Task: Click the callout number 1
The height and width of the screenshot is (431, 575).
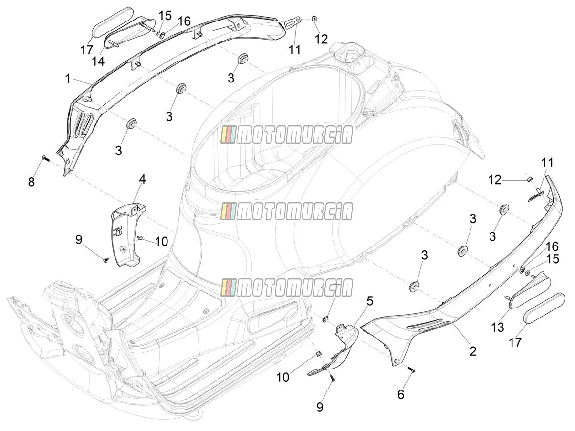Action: tap(68, 79)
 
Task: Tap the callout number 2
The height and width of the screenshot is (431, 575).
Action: tap(472, 351)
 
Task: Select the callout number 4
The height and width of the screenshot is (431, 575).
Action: tap(142, 179)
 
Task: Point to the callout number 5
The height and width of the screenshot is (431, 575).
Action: tap(370, 301)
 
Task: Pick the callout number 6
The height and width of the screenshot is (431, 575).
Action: tap(401, 394)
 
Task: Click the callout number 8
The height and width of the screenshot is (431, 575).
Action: tap(31, 182)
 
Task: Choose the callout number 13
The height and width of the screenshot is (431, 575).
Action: tap(498, 327)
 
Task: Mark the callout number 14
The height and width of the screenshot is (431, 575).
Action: tap(98, 62)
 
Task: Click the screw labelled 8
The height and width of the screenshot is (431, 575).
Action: tap(46, 158)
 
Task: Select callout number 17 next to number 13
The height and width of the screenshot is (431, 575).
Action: tap(515, 342)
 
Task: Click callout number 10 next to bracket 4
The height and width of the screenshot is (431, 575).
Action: tap(161, 242)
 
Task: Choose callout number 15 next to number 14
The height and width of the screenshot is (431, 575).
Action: tap(165, 15)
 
